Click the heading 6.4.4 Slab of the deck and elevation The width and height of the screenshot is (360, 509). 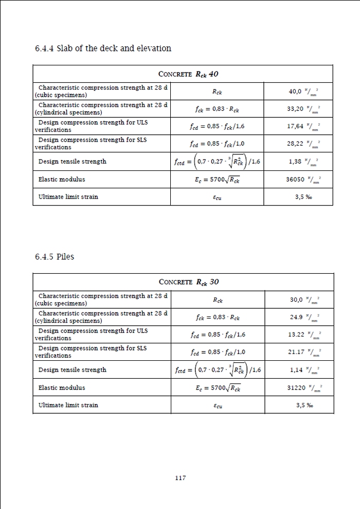(103, 48)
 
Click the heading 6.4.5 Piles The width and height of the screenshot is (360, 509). (54, 256)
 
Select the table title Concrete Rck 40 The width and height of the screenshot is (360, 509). (189, 74)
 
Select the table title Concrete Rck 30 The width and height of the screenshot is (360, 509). (189, 282)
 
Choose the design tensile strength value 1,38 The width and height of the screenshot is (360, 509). (296, 162)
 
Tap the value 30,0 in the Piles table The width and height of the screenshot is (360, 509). (297, 300)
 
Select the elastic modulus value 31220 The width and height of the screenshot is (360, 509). (296, 388)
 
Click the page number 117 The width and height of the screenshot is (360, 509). (180, 478)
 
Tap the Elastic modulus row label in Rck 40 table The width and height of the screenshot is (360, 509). (62, 180)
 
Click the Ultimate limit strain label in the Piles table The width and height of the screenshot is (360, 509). (68, 405)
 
